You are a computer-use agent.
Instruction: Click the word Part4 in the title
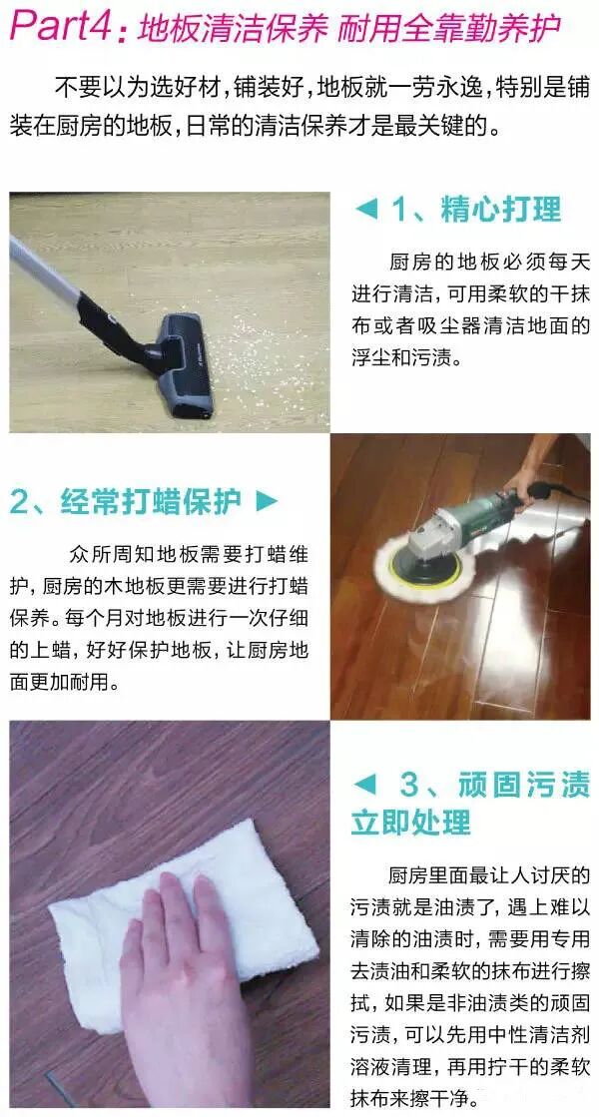[63, 26]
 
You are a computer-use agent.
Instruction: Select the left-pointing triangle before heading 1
[365, 210]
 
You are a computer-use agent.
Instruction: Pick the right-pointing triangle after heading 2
[267, 501]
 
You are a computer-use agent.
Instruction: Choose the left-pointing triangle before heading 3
[364, 785]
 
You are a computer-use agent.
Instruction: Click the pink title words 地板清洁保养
[232, 29]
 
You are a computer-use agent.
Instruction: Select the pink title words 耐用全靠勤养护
[448, 29]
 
